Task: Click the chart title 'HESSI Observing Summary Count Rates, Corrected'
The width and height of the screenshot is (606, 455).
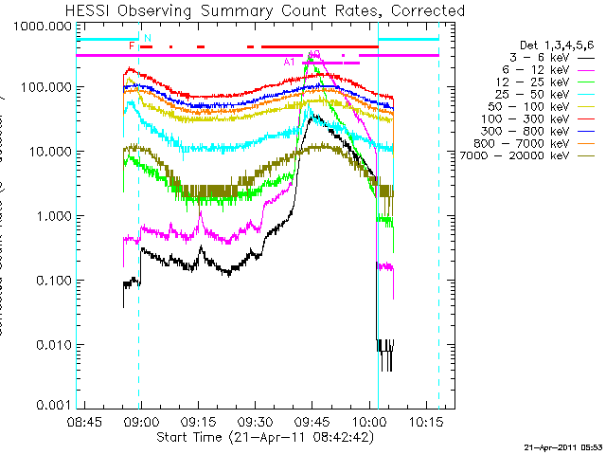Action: tap(265, 10)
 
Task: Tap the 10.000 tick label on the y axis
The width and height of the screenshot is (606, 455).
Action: tap(49, 152)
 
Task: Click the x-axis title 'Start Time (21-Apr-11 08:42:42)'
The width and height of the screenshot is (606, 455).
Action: tap(265, 437)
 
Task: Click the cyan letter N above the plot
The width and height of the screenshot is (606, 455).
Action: tap(147, 38)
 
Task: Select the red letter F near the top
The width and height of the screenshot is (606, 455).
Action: tap(132, 45)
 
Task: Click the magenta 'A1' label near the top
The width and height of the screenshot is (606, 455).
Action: tap(290, 62)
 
